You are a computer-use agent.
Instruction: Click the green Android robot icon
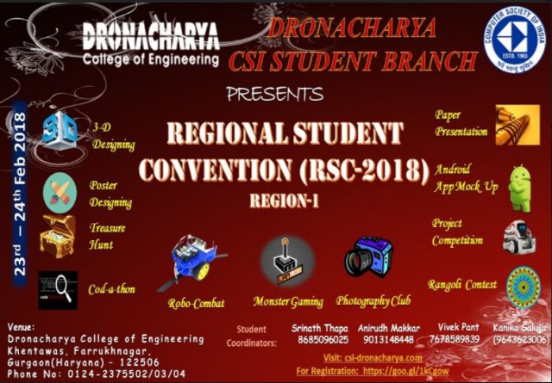click(520, 186)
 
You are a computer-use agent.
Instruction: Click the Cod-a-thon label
click(111, 289)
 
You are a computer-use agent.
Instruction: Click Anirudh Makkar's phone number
click(390, 340)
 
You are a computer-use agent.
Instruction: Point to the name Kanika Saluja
click(519, 329)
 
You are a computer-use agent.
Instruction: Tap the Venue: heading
click(22, 328)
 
